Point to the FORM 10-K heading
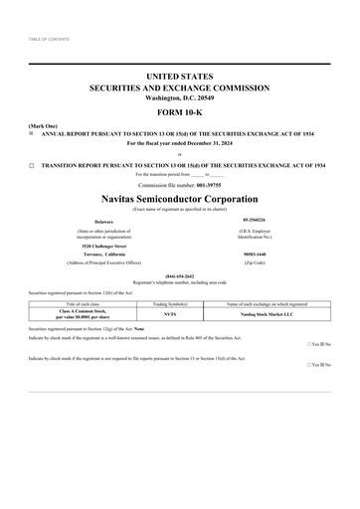(x=179, y=112)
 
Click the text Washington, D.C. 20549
(x=179, y=97)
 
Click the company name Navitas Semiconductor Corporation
(x=179, y=199)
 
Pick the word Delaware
(x=103, y=221)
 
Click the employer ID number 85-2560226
(x=256, y=221)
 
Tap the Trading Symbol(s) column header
(x=169, y=302)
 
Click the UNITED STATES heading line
(x=179, y=76)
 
